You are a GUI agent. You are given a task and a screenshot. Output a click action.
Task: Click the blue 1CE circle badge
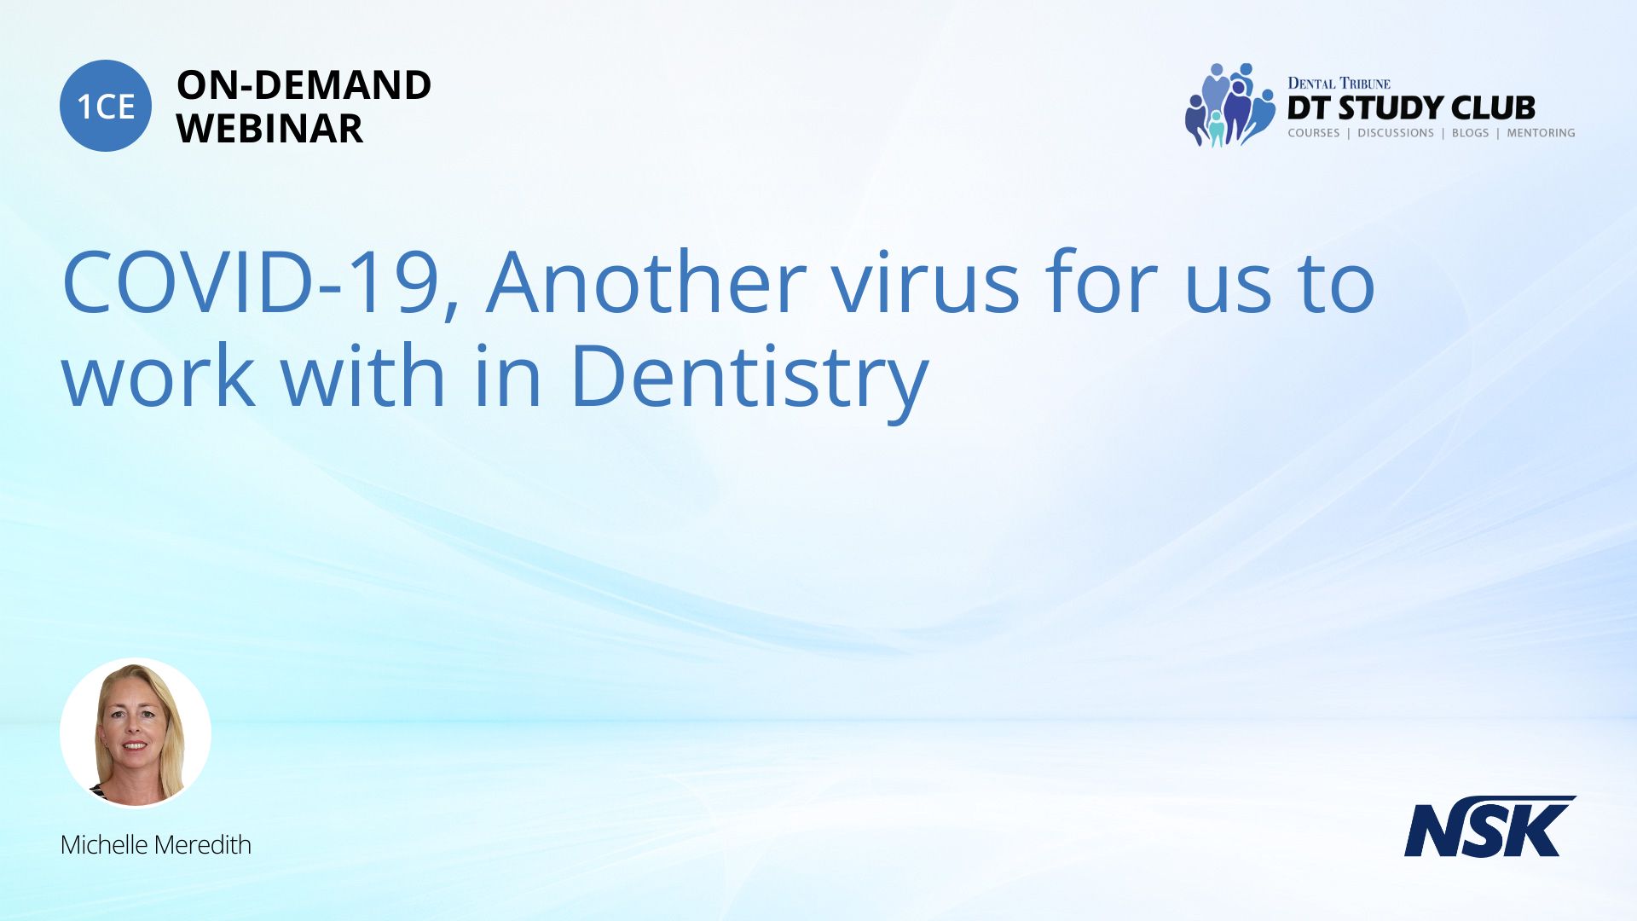[x=106, y=106]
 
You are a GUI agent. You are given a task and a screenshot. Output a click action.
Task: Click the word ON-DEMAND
[x=304, y=85]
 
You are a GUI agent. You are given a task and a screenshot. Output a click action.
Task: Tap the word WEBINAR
[x=269, y=129]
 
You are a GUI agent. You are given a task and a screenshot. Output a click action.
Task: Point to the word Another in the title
[x=646, y=281]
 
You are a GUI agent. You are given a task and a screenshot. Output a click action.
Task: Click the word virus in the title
[x=925, y=281]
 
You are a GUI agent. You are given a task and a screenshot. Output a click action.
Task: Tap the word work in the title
[x=159, y=375]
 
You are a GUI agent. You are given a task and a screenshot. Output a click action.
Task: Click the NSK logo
[x=1489, y=826]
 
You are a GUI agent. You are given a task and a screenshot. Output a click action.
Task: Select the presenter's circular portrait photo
[x=136, y=733]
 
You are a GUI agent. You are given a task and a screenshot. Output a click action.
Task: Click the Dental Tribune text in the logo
[x=1339, y=83]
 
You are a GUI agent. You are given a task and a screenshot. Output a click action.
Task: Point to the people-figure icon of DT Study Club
[x=1229, y=105]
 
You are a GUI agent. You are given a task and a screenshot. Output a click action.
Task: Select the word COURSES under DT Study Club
[x=1313, y=133]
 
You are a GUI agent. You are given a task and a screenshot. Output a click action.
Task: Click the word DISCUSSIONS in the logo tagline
[x=1396, y=133]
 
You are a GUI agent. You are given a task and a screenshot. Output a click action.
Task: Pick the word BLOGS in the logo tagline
[x=1470, y=133]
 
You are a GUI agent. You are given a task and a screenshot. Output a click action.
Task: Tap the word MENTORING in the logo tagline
[x=1541, y=133]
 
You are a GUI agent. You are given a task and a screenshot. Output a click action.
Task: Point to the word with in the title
[x=364, y=375]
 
